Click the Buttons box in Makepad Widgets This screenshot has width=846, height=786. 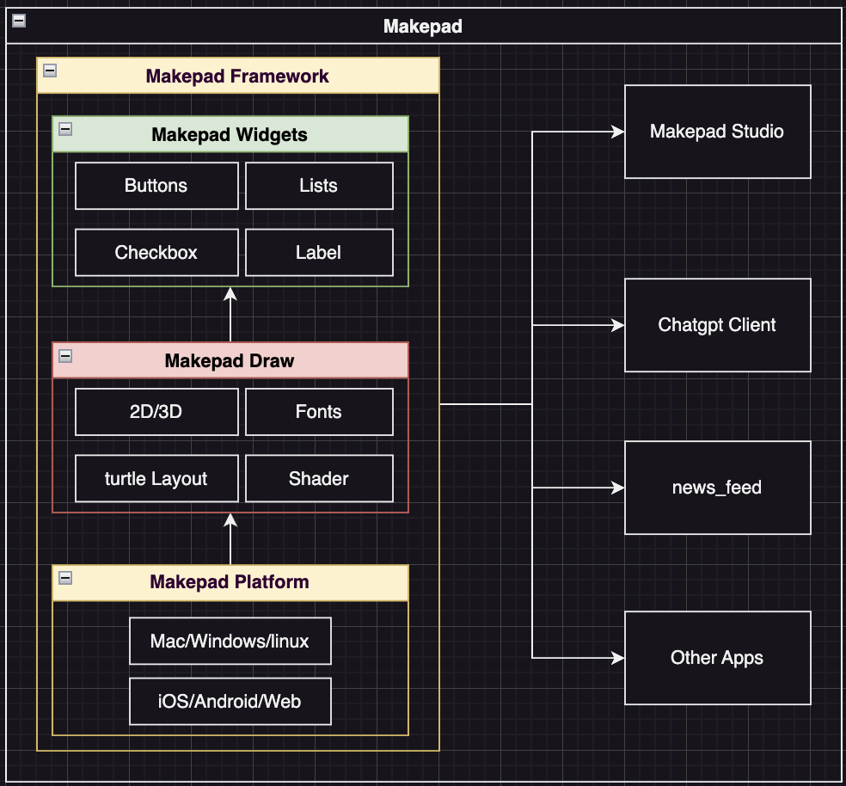click(156, 186)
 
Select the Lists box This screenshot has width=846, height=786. click(319, 186)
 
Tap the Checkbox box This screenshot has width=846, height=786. click(156, 253)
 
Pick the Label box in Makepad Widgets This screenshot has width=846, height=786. click(319, 253)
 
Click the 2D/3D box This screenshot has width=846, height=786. click(156, 412)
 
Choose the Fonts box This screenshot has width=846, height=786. click(319, 412)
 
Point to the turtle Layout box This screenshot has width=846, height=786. click(156, 479)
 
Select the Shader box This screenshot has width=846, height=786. click(319, 479)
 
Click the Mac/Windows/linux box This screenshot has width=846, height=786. click(230, 642)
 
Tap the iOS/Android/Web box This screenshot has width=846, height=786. click(230, 702)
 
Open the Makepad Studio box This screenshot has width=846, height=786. click(717, 132)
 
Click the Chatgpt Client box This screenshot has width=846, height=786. click(717, 325)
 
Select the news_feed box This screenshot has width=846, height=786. click(717, 488)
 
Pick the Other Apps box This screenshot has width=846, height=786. click(717, 658)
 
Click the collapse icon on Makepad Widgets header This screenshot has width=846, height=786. click(65, 129)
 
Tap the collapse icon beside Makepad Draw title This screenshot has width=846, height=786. click(65, 355)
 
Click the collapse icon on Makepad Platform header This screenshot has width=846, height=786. click(65, 577)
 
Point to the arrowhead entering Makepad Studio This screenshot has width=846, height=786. click(617, 132)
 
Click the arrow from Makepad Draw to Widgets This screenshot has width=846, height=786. click(230, 315)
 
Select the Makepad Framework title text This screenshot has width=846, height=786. click(237, 77)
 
